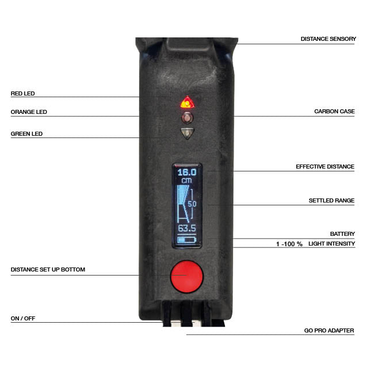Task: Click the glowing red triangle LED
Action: point(188,102)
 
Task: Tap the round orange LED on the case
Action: point(188,118)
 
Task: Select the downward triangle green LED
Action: point(187,133)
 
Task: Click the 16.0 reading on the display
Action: point(187,172)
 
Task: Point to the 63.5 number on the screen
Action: point(187,228)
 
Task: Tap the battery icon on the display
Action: point(186,240)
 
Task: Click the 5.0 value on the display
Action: point(192,204)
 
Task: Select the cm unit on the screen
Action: point(186,181)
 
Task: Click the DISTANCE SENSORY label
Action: point(328,39)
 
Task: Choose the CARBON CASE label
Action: point(334,112)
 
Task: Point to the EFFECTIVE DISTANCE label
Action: point(325,167)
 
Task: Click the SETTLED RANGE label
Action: point(331,201)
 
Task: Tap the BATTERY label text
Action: point(342,234)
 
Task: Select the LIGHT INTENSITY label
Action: point(332,244)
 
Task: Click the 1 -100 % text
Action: point(289,244)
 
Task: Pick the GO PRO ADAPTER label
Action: point(329,331)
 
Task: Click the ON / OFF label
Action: point(23,318)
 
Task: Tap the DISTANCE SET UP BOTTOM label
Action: point(48,269)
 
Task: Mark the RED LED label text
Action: point(22,93)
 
